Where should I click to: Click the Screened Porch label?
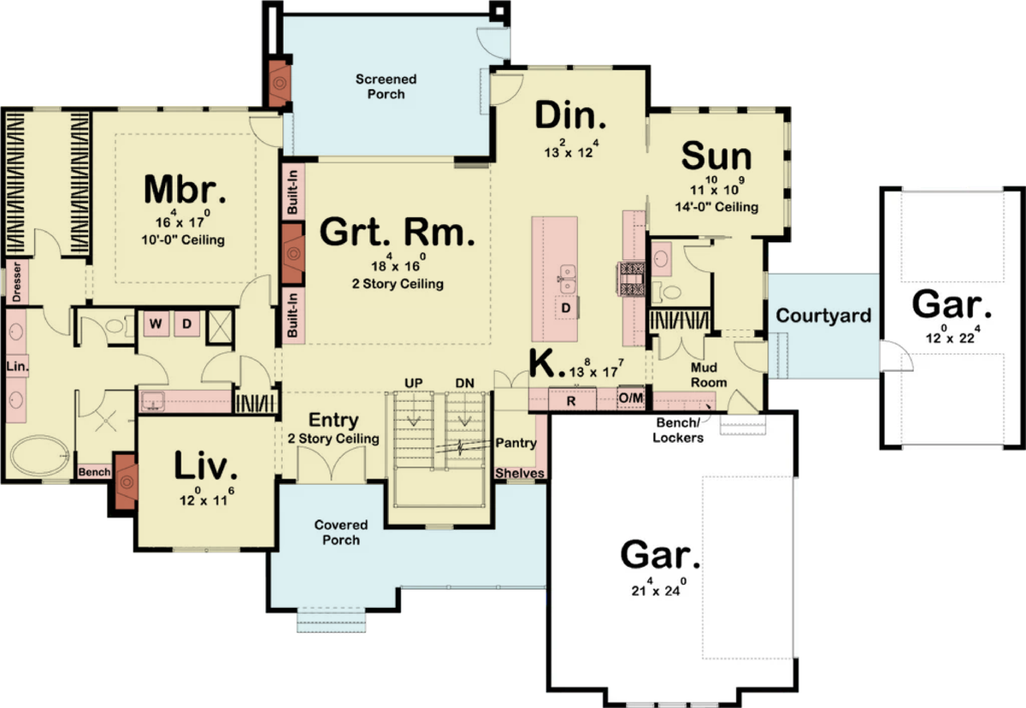pos(386,86)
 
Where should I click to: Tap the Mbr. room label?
pos(185,189)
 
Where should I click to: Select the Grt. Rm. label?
pos(397,233)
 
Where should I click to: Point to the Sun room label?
pos(716,156)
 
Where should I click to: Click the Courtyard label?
pos(823,316)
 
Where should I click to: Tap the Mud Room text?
pos(709,375)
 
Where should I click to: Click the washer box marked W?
pos(156,324)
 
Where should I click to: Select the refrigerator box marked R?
pos(572,401)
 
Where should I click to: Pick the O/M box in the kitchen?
pos(631,398)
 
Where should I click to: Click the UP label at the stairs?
pos(414,383)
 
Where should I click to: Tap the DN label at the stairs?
pos(464,383)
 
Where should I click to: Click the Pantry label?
pos(516,443)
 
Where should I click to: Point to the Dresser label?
pos(17,281)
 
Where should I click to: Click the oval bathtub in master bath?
pos(40,455)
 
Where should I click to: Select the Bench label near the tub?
pos(94,472)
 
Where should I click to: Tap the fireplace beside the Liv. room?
pos(126,481)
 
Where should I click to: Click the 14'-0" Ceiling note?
pos(716,207)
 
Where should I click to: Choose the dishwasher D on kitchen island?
pos(566,308)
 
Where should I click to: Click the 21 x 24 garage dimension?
pos(658,587)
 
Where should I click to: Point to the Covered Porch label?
pos(341,532)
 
